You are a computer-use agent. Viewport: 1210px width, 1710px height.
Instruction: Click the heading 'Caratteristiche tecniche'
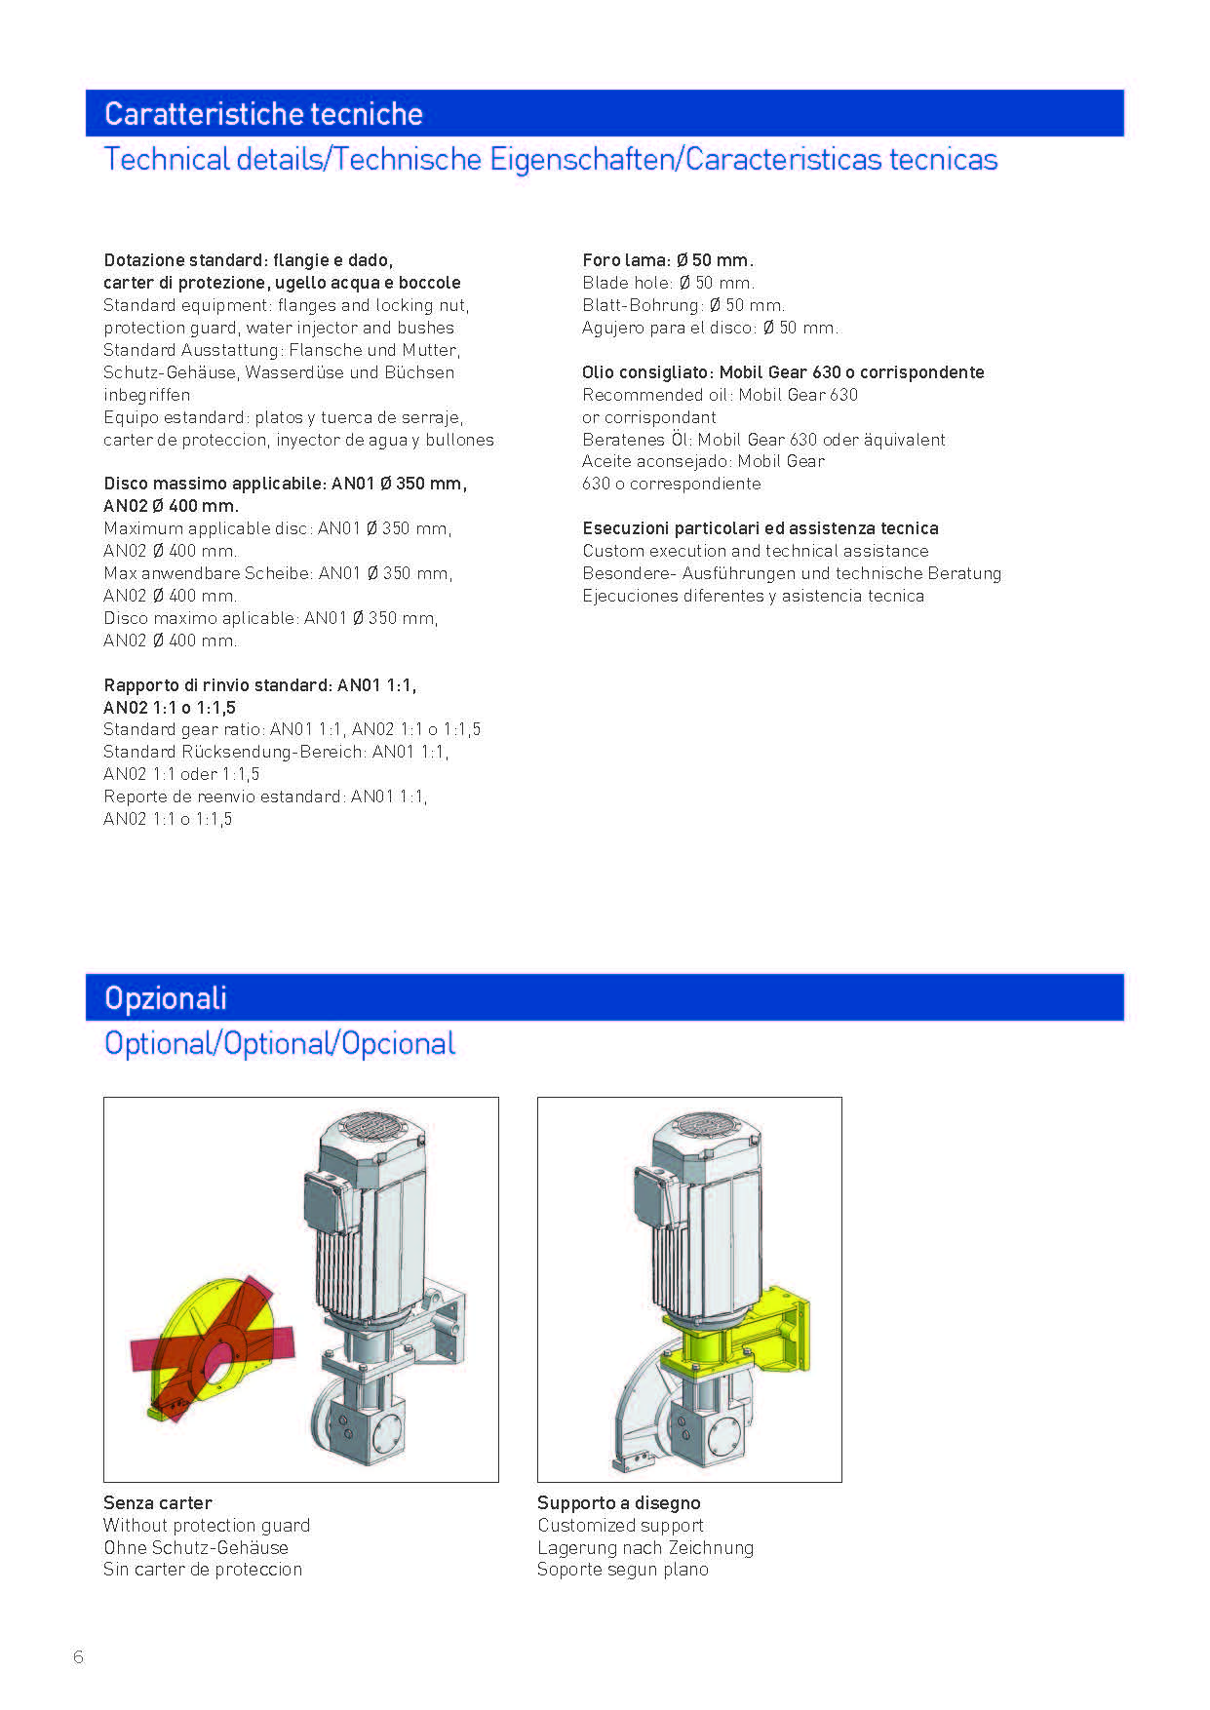263,114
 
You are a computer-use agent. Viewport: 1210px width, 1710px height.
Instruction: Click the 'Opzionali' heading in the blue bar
166,997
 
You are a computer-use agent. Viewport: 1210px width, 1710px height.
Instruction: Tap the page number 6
79,1656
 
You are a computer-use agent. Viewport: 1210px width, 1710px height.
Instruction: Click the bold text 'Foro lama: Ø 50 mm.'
668,260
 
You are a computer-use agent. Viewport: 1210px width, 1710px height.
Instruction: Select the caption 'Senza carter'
158,1502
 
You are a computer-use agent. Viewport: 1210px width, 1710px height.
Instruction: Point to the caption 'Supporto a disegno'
618,1502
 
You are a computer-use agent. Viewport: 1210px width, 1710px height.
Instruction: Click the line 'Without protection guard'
207,1525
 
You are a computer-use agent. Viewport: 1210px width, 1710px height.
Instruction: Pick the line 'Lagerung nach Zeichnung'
645,1547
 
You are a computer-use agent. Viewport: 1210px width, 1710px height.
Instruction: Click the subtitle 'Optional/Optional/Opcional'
280,1043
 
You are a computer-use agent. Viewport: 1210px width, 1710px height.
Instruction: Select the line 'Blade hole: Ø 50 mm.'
668,283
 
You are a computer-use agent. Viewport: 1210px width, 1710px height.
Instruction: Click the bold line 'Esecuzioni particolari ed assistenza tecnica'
761,528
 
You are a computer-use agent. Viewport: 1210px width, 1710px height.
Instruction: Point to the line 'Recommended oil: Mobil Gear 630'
720,395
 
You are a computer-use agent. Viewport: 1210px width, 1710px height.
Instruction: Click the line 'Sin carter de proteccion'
203,1569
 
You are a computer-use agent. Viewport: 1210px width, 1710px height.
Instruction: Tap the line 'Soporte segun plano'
623,1569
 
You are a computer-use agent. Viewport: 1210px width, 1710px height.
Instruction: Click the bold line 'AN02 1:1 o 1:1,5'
170,708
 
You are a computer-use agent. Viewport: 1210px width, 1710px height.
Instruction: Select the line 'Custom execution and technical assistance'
756,551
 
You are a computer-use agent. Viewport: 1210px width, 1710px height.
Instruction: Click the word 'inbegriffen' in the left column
147,395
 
